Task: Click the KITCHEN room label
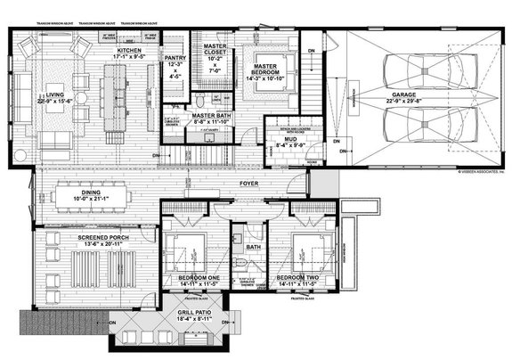130,52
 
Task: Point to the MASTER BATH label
212,115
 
